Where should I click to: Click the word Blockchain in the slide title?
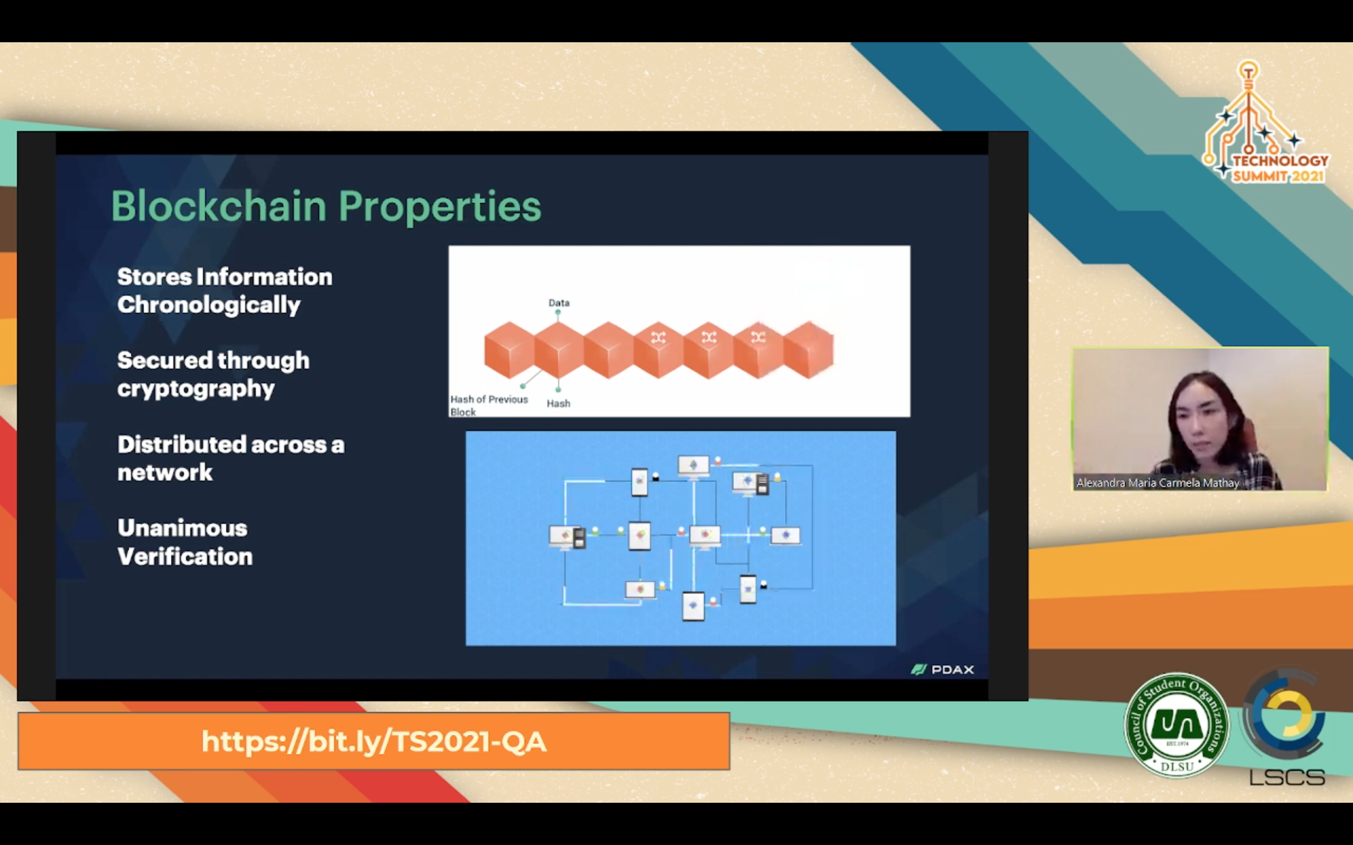point(219,206)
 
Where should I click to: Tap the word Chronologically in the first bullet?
point(209,306)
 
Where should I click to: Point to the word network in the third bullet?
point(165,473)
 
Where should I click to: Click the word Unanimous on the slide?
point(182,528)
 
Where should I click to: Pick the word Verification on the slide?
point(185,557)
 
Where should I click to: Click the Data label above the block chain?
point(559,303)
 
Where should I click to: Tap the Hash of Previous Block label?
point(489,406)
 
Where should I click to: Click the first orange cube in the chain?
point(509,350)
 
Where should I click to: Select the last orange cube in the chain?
point(809,350)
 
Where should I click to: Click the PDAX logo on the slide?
point(943,670)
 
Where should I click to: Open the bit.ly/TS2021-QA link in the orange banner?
point(374,741)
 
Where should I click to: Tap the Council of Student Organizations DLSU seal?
point(1177,725)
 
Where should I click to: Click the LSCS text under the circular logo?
point(1287,777)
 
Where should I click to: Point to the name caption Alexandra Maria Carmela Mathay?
point(1158,483)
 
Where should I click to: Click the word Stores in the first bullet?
point(155,277)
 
